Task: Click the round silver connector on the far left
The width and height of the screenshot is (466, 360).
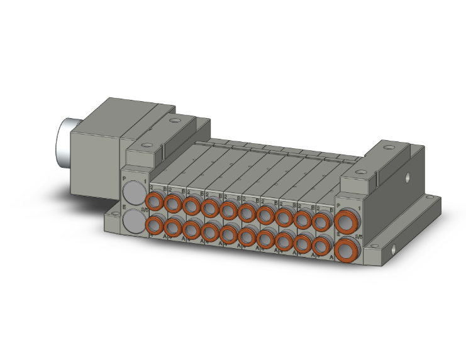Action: [65, 134]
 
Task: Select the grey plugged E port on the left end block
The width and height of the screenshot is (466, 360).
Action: [133, 221]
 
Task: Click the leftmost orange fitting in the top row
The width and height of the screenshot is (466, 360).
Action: [153, 202]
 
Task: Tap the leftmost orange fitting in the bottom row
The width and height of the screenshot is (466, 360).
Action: [153, 226]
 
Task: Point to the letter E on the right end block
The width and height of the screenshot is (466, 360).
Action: [338, 234]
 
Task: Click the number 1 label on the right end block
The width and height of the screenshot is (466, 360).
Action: [359, 208]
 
